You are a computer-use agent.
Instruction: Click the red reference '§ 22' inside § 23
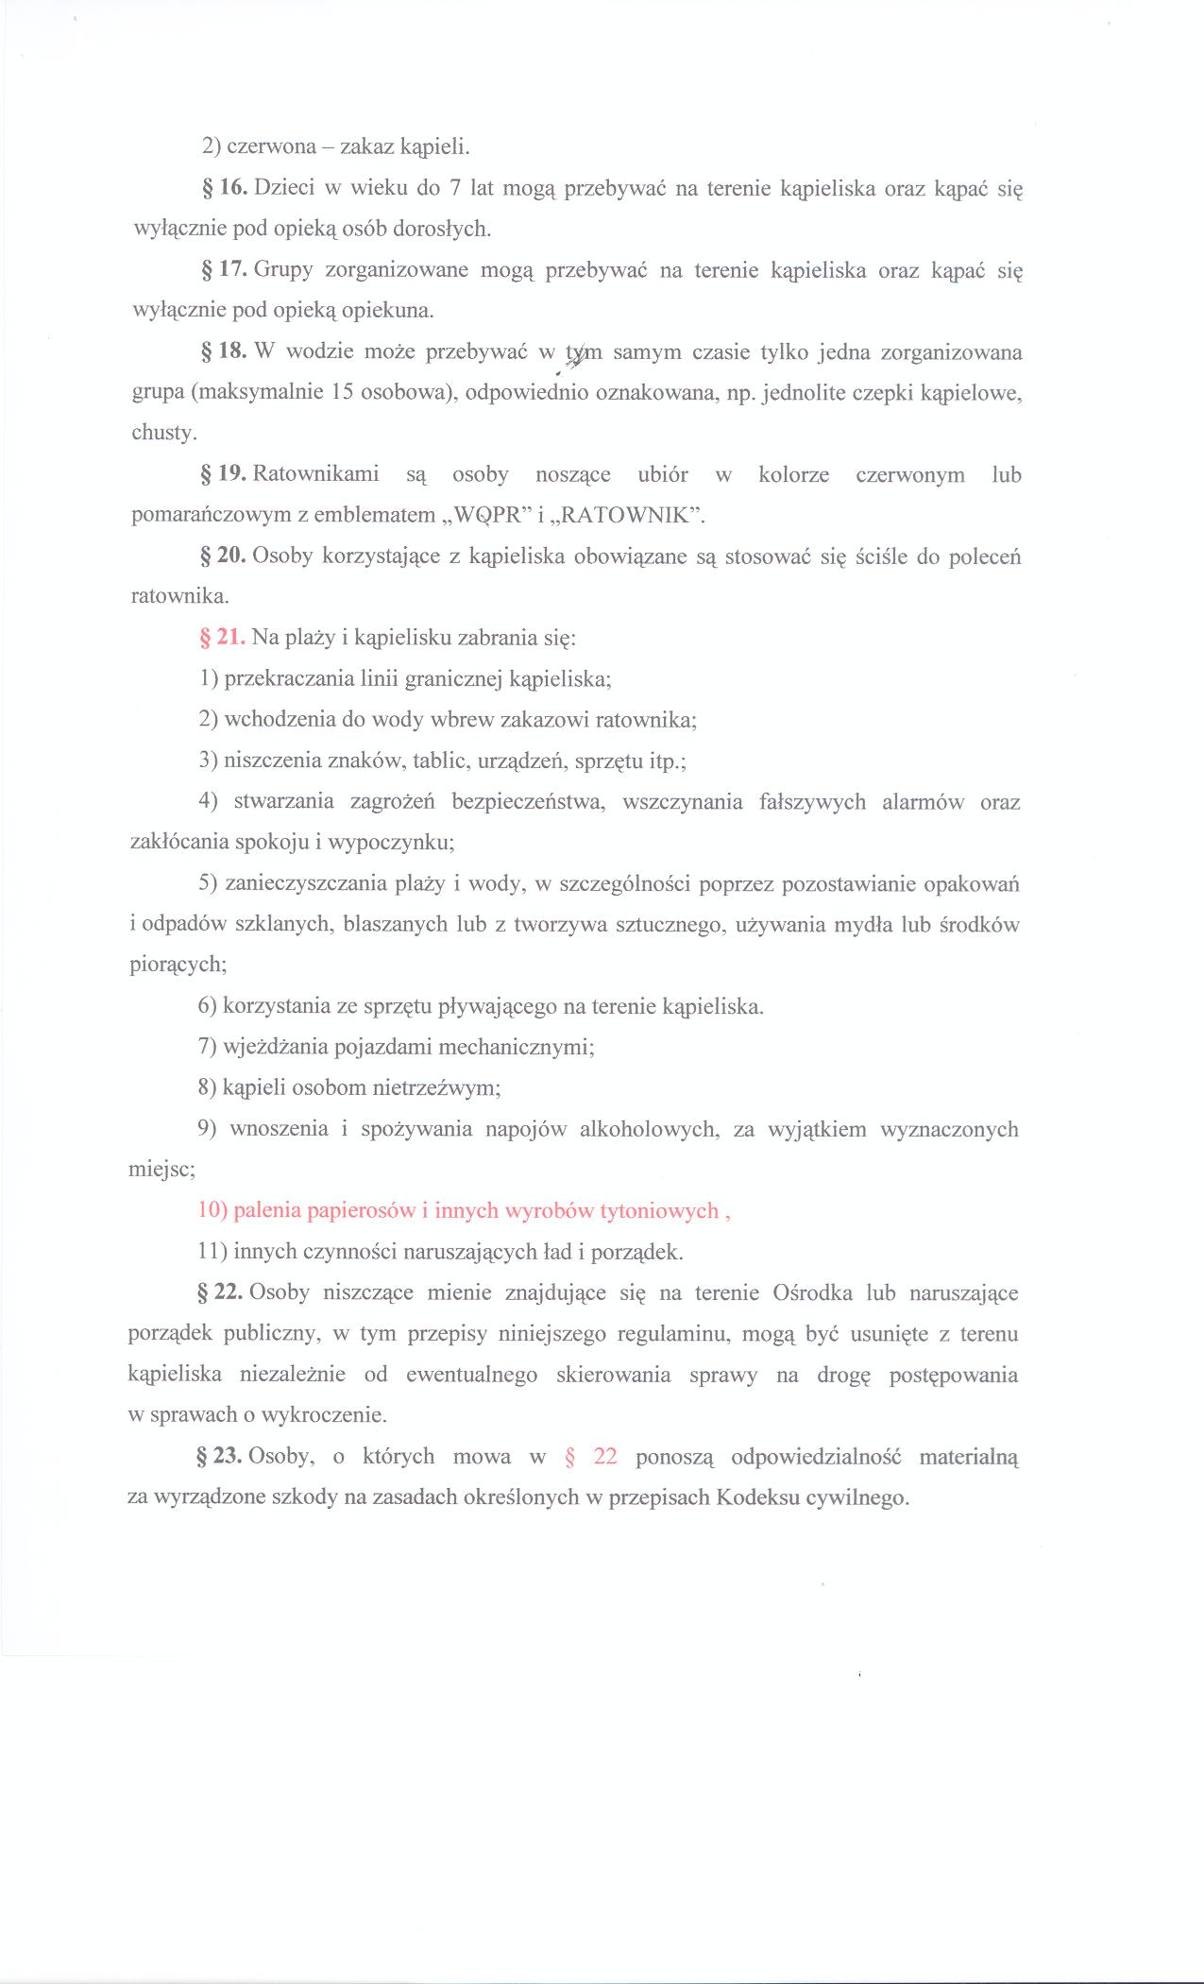click(x=590, y=1456)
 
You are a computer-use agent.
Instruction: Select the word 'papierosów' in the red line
click(x=365, y=1211)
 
